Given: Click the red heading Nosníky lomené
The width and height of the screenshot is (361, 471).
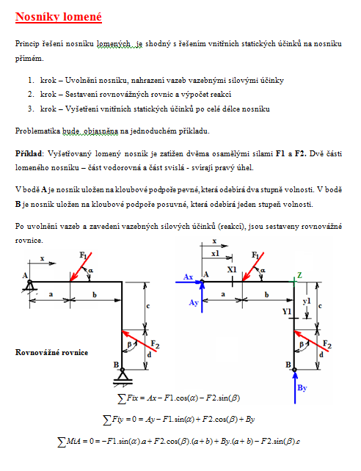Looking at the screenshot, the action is (x=59, y=17).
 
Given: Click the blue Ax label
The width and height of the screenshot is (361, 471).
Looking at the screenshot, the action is (x=188, y=277).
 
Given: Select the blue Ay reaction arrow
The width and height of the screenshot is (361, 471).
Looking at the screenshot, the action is (x=202, y=297).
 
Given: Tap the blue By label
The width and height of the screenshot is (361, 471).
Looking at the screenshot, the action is (x=302, y=388).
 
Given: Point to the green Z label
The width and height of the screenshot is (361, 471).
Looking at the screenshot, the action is (x=299, y=275).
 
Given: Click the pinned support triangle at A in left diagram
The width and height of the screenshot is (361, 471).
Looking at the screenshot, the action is (x=29, y=286).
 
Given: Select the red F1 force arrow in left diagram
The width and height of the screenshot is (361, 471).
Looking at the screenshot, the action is (x=81, y=267).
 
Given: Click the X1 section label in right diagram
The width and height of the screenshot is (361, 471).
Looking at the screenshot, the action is (x=232, y=269).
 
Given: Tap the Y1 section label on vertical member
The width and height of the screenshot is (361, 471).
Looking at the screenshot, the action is (x=287, y=312).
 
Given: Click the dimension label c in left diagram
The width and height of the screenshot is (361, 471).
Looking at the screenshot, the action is (x=147, y=306).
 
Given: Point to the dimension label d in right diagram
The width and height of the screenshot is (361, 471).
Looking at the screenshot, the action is (x=321, y=355).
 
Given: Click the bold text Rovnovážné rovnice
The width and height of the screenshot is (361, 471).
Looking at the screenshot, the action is (x=51, y=352).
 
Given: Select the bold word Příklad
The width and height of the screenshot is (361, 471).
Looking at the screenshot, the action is (x=29, y=154).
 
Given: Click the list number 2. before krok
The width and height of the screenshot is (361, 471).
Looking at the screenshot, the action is (x=32, y=95).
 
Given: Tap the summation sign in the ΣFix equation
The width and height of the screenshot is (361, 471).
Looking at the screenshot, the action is (x=122, y=399).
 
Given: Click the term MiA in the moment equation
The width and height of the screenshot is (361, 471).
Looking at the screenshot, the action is (x=73, y=441).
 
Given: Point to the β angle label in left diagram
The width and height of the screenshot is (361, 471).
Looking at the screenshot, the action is (x=129, y=344).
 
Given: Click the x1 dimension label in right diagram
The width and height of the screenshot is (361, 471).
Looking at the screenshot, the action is (x=215, y=254).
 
